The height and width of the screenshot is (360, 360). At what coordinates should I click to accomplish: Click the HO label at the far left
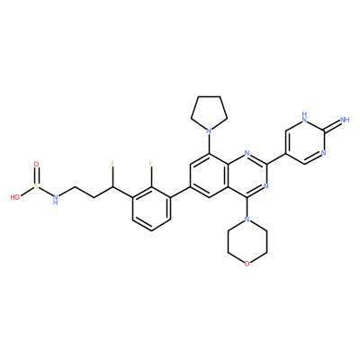(15, 197)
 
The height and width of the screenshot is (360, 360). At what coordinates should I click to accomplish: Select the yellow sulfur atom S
(36, 186)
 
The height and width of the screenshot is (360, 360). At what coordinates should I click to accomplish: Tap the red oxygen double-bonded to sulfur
(36, 164)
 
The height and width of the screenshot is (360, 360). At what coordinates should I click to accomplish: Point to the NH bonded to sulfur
(55, 199)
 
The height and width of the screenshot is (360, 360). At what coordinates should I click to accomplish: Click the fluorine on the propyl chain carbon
(113, 164)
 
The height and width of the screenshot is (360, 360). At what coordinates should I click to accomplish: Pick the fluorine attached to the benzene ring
(151, 164)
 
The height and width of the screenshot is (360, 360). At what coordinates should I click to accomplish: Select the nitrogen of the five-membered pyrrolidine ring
(209, 131)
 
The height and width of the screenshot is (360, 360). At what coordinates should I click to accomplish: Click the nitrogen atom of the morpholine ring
(247, 220)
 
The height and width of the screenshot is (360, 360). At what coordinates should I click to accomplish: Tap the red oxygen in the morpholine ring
(247, 264)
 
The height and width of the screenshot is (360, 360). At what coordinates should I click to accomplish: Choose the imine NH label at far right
(346, 120)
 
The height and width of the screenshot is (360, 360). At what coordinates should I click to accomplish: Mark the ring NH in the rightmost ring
(305, 117)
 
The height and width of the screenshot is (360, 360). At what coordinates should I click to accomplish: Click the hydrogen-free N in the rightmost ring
(324, 153)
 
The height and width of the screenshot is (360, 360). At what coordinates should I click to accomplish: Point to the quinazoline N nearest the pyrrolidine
(247, 153)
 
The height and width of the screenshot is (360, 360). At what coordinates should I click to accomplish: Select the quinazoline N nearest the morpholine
(266, 186)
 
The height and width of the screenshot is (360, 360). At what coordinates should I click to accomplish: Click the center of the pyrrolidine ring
(209, 113)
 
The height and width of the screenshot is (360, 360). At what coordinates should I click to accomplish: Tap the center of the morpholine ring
(247, 241)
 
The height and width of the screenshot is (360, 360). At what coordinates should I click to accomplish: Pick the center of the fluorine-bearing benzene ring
(151, 209)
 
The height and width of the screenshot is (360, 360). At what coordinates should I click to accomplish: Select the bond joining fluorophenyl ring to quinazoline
(180, 192)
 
